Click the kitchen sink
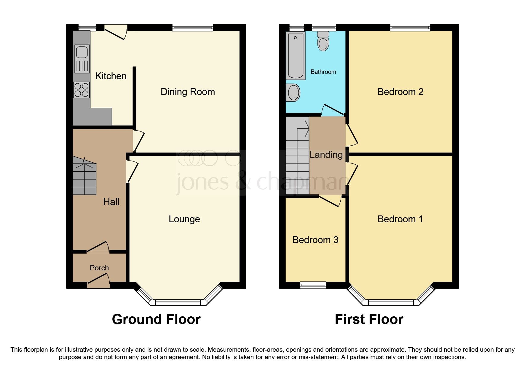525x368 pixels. [82, 58]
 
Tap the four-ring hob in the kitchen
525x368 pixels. [82, 90]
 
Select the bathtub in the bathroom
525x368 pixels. [295, 55]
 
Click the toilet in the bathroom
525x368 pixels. [323, 42]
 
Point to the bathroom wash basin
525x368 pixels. [294, 92]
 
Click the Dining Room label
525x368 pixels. [188, 92]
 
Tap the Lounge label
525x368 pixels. [184, 219]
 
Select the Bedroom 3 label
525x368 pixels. [315, 240]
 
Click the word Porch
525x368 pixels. [99, 268]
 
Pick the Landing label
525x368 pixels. [326, 155]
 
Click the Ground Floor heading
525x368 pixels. [156, 320]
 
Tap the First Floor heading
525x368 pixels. [369, 320]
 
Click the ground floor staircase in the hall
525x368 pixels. [84, 177]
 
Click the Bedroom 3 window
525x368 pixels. [313, 285]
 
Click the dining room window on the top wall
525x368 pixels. [193, 28]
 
